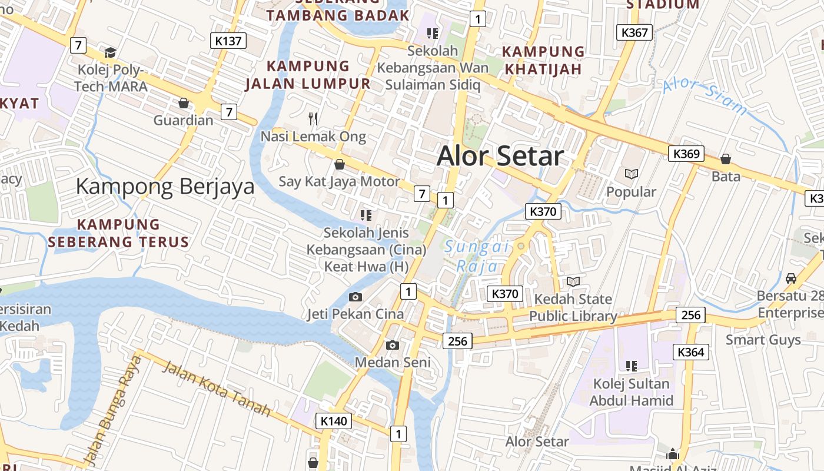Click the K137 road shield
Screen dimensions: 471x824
(x=228, y=41)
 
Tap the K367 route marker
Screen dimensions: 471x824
(x=634, y=32)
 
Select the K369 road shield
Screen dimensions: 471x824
(x=686, y=154)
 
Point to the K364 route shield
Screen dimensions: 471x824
(x=691, y=352)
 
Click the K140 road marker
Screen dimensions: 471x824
(x=334, y=421)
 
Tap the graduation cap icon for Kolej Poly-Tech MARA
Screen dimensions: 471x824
(x=110, y=52)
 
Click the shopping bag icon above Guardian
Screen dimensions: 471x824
(x=184, y=104)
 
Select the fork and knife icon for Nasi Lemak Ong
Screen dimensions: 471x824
(x=313, y=119)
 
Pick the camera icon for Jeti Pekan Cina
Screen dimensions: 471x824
(x=355, y=297)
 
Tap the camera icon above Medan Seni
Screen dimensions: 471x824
(x=393, y=345)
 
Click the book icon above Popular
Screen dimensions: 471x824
(x=632, y=174)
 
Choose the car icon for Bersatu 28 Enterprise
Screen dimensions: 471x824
(x=790, y=278)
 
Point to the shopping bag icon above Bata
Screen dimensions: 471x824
(x=726, y=159)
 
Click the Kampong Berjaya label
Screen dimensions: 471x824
(x=165, y=187)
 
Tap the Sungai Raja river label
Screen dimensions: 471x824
(x=477, y=257)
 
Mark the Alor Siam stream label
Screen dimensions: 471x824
(x=705, y=96)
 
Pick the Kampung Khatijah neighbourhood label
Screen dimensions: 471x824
(x=544, y=60)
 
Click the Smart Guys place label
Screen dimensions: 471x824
(x=763, y=340)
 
